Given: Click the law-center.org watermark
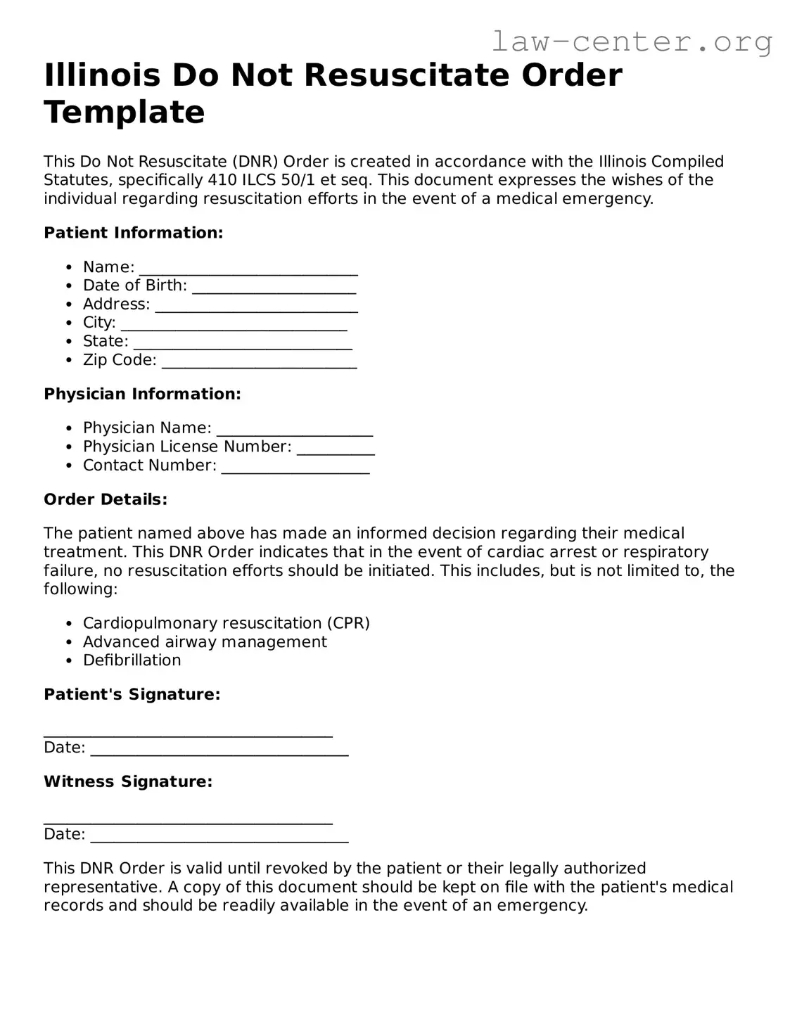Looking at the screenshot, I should click(x=631, y=42).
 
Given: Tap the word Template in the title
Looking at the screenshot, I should click(x=125, y=113).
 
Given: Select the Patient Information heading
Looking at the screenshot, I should click(x=133, y=233).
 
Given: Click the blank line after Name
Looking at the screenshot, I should click(x=248, y=269).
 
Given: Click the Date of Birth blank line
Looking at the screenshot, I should click(x=274, y=288).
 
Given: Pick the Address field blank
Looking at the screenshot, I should click(x=256, y=307).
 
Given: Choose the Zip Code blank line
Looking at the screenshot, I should click(x=259, y=362).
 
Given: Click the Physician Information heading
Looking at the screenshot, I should click(x=142, y=394).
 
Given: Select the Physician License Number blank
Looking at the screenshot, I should click(x=336, y=449).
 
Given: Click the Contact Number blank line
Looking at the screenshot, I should click(x=295, y=468).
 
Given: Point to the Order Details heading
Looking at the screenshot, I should click(x=106, y=499).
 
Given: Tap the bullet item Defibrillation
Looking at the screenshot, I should click(x=132, y=660).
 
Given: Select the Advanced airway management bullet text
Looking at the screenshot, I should click(x=205, y=642).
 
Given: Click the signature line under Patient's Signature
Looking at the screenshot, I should click(x=188, y=732).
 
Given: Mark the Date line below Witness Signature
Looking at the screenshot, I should click(x=219, y=836).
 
